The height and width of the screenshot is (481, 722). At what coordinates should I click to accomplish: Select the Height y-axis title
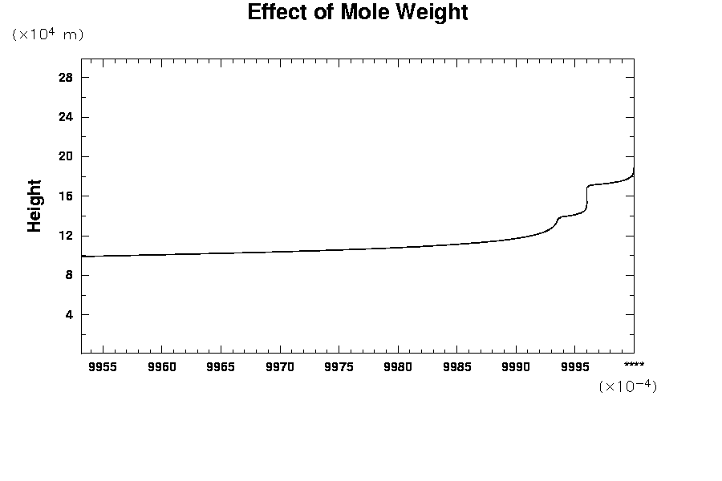coord(34,206)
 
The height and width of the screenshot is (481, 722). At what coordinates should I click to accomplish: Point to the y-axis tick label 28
coord(65,78)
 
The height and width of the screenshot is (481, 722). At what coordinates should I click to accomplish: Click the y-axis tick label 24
coord(65,117)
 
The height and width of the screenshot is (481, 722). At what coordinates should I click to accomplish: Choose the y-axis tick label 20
coord(65,156)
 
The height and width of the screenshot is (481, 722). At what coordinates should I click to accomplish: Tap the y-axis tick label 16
coord(65,196)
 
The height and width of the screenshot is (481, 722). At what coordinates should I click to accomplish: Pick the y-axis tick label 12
coord(65,236)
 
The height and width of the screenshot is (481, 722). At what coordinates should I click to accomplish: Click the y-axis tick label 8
coord(68,275)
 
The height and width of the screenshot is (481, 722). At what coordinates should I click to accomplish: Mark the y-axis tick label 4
coord(68,315)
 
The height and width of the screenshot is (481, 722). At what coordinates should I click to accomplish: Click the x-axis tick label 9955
coord(103,367)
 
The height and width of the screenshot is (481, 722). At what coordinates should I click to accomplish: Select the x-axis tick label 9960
coord(161,367)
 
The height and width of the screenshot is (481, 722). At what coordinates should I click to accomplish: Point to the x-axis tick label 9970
coord(280,367)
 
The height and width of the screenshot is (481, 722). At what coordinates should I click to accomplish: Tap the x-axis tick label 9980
coord(398,367)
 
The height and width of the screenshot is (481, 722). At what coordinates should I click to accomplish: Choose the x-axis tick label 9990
coord(516,367)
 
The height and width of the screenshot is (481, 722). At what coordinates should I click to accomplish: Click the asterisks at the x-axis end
coord(634,365)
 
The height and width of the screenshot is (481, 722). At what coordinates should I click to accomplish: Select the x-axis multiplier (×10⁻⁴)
coord(627,386)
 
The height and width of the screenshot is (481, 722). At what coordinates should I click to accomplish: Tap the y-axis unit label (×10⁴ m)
coord(48,34)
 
